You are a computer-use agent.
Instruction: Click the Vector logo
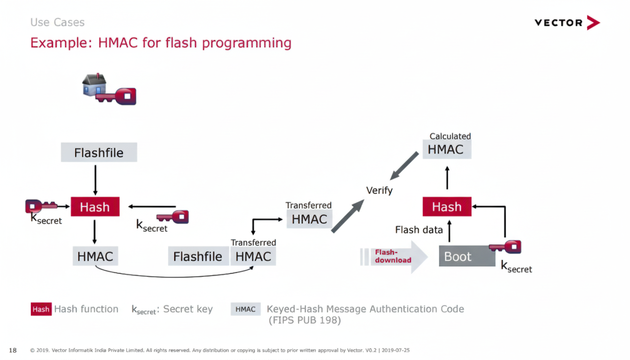pos(567,22)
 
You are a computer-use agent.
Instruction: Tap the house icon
pos(94,85)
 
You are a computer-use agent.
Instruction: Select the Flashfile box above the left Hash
pos(99,153)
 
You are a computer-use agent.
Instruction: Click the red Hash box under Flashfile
pos(95,207)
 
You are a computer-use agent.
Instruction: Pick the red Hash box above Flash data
pos(447,207)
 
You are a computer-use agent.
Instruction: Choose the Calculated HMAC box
pos(446,150)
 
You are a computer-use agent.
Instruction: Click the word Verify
pos(379,190)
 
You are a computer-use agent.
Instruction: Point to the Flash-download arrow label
pos(393,256)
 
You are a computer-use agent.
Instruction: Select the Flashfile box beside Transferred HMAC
pos(198,256)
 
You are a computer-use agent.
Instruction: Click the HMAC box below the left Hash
pos(95,256)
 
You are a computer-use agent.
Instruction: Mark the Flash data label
pos(419,230)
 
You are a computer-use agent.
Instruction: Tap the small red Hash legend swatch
pos(41,309)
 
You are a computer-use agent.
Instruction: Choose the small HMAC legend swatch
pos(245,309)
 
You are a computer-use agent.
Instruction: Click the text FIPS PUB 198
pos(305,321)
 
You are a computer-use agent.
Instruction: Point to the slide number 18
pos(13,350)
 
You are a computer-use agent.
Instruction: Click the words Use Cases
pos(57,22)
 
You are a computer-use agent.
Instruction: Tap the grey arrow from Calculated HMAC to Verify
pos(405,165)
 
